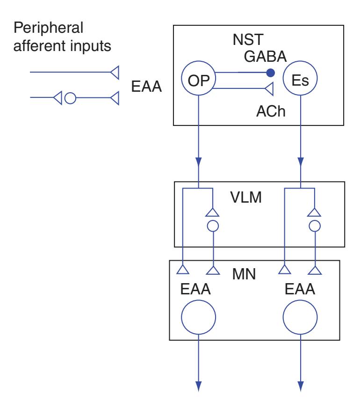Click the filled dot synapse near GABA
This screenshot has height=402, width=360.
[x=269, y=73]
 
